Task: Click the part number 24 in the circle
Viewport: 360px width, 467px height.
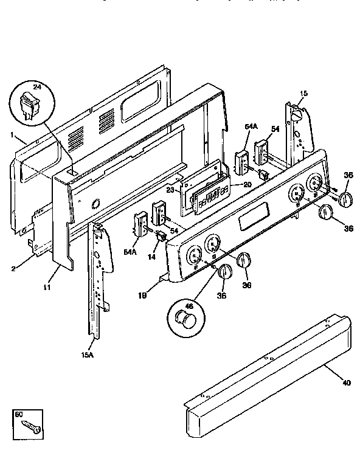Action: [36, 88]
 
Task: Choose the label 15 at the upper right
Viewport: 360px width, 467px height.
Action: [303, 93]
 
